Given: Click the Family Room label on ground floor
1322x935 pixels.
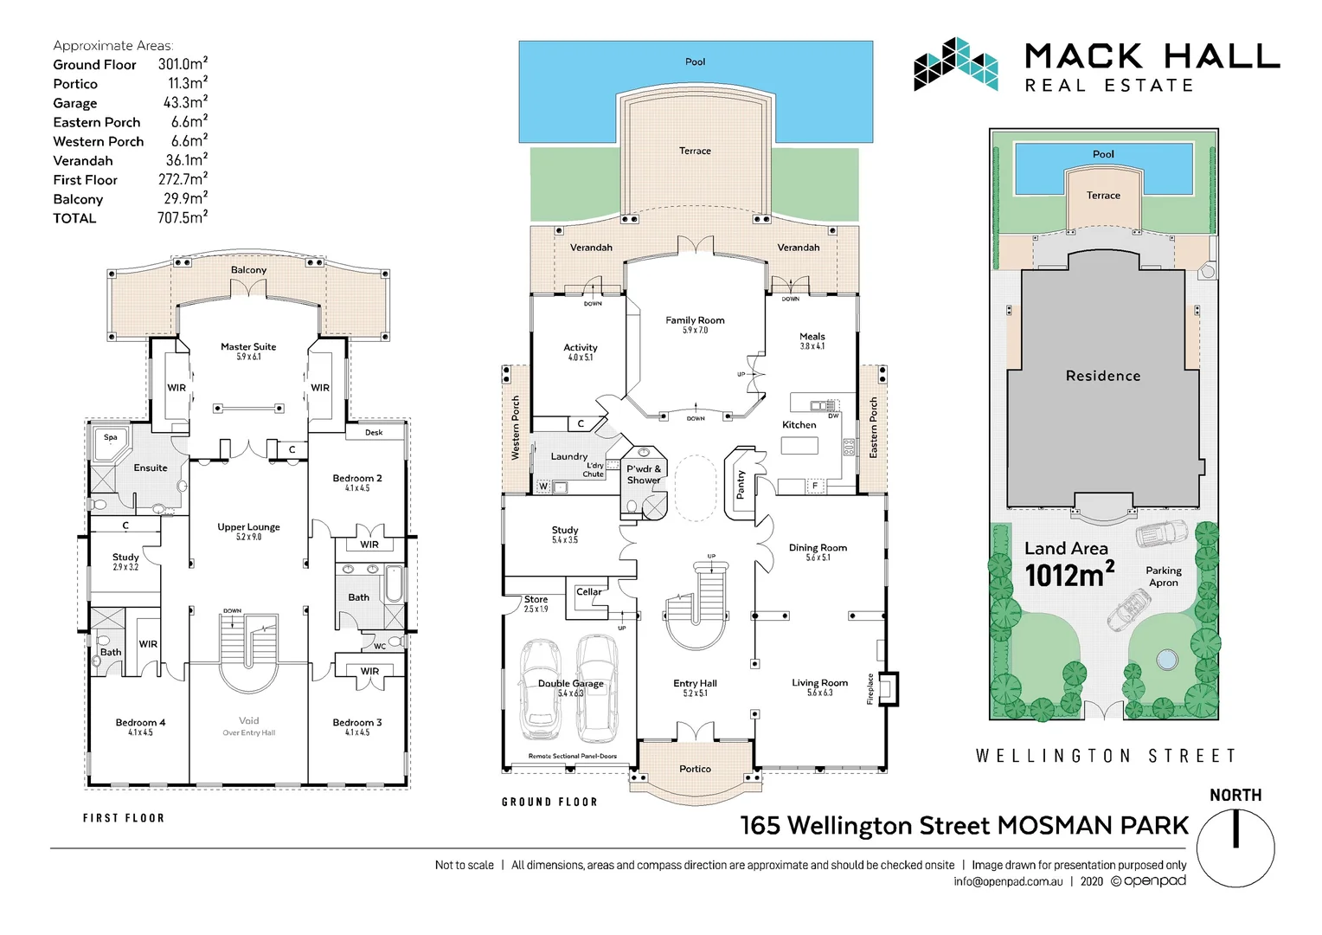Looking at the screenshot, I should click(x=695, y=320).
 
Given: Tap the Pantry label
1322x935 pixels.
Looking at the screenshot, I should click(x=741, y=485).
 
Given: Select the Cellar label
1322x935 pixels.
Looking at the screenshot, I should click(x=589, y=592).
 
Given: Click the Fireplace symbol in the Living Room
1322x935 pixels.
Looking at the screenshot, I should click(x=889, y=689).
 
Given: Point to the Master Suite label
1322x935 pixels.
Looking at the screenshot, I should click(x=248, y=347).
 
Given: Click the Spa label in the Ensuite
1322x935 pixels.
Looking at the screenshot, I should click(x=111, y=437).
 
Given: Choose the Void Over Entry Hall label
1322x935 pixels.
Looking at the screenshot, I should click(x=249, y=725).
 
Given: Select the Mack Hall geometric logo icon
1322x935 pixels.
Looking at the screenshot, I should click(x=955, y=64).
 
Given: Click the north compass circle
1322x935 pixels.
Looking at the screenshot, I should click(x=1235, y=849).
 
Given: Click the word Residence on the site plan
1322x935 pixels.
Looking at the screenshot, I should click(x=1103, y=376).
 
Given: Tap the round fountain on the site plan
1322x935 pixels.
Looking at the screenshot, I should click(x=1166, y=660).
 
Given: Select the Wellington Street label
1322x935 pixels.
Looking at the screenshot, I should click(x=1106, y=756).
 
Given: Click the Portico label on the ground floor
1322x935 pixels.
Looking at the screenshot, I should click(x=695, y=769).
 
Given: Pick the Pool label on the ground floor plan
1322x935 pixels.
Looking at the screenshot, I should click(x=695, y=61).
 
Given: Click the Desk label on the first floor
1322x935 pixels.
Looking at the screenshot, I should click(x=374, y=432).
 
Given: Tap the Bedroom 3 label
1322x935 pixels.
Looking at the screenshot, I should click(x=357, y=723).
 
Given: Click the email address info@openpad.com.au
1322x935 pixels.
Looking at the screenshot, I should click(x=1008, y=881).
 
